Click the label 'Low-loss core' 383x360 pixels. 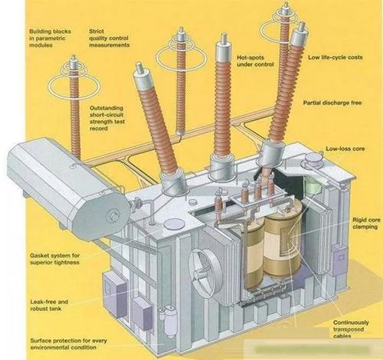[x=345, y=149]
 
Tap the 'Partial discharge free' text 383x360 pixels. [x=332, y=103]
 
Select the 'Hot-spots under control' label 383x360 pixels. [x=255, y=61]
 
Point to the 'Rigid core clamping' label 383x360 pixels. [x=366, y=223]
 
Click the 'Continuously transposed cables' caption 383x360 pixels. [x=351, y=329]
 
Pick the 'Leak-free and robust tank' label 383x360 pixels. [x=49, y=305]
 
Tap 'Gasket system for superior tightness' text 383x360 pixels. [x=55, y=259]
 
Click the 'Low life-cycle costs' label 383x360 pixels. [x=336, y=57]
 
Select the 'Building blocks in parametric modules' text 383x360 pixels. [x=50, y=38]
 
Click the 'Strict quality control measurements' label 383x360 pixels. [x=109, y=38]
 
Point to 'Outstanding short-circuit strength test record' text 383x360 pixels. [x=107, y=118]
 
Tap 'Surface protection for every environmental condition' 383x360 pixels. [x=68, y=344]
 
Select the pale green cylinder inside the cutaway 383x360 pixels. [x=313, y=185]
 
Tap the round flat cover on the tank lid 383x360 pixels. [x=175, y=224]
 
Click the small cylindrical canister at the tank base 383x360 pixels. [x=169, y=321]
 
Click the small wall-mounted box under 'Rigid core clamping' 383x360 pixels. [x=339, y=260]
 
